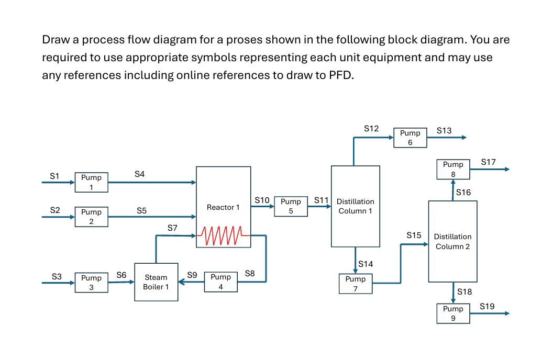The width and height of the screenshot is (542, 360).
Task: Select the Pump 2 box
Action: (x=91, y=217)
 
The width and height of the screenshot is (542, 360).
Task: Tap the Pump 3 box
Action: (x=91, y=283)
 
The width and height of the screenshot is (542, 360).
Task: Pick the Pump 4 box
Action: (x=220, y=282)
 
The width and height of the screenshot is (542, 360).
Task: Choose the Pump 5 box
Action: (x=291, y=206)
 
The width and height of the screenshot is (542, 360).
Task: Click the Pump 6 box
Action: (x=410, y=138)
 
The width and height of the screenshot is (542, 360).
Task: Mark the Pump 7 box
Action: (x=356, y=284)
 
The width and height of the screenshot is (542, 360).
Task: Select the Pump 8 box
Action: (x=453, y=169)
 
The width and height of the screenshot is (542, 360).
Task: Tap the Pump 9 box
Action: (x=453, y=313)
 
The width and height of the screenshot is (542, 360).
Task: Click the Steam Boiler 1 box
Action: (x=156, y=282)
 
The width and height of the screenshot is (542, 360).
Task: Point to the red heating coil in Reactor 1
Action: (x=223, y=235)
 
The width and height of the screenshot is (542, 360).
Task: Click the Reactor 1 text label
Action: (x=223, y=207)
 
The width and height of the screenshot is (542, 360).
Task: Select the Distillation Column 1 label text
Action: (x=356, y=206)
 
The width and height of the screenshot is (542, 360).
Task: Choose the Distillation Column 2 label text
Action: (x=452, y=241)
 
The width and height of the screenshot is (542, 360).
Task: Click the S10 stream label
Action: (x=262, y=200)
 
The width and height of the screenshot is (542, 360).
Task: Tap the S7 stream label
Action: (x=172, y=228)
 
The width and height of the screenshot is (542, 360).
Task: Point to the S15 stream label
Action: (x=414, y=235)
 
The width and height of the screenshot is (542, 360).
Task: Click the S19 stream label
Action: (x=487, y=306)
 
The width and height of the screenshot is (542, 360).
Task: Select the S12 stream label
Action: (x=371, y=128)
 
